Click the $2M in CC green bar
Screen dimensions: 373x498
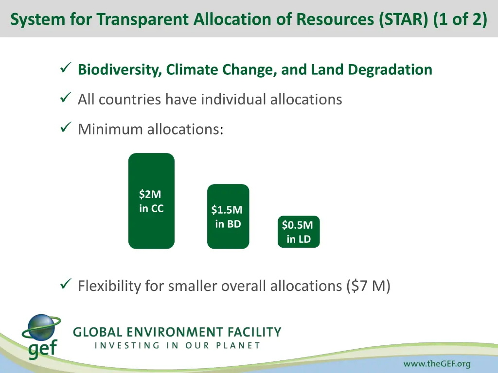[x=151, y=201]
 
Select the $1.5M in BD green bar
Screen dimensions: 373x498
[x=228, y=217]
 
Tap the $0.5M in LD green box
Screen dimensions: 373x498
[x=299, y=232]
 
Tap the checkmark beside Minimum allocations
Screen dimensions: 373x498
[x=66, y=128]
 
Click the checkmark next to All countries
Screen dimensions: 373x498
[x=66, y=99]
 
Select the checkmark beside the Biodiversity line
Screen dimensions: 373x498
[x=66, y=68]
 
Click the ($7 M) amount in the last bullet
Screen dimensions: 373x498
[x=369, y=286]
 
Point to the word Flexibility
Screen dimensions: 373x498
[x=109, y=286]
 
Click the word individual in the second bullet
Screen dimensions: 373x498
[x=232, y=100]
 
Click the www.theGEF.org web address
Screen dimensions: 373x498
[x=437, y=364]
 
